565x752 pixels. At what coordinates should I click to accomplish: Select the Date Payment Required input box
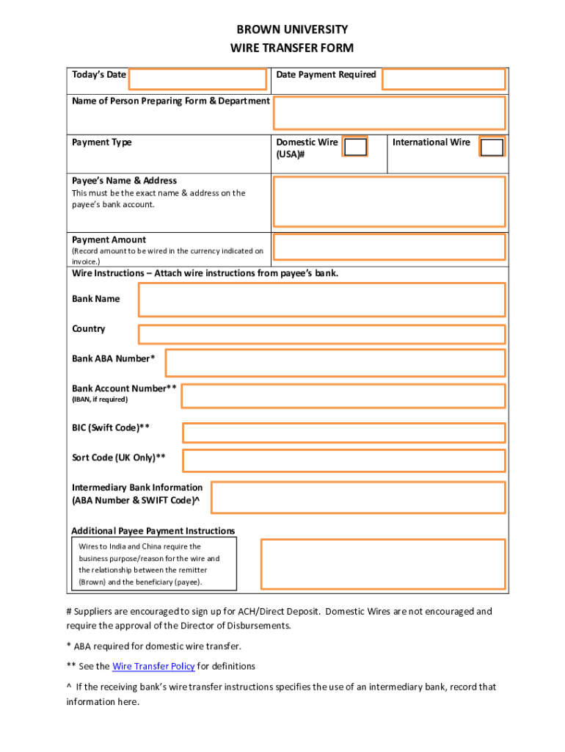tap(443, 79)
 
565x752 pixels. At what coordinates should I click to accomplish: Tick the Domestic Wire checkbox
tap(356, 148)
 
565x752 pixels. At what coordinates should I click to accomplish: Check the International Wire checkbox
tap(492, 148)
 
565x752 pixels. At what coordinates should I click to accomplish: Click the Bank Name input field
tap(321, 300)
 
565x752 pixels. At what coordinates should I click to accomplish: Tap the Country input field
tap(321, 334)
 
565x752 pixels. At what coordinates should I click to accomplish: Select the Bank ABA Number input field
tap(335, 363)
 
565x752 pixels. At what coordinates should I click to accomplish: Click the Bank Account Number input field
tap(343, 396)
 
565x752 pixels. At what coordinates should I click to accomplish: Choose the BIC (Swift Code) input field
tap(343, 433)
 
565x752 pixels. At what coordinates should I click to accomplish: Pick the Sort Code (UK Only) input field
tap(343, 460)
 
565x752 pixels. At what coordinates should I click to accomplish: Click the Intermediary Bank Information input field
tap(358, 497)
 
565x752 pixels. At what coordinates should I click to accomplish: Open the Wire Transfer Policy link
tap(153, 667)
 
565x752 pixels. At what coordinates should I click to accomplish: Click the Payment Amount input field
tap(389, 247)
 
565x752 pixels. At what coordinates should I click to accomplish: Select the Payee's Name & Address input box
tap(389, 202)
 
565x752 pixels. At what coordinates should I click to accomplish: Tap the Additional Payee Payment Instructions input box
tap(383, 564)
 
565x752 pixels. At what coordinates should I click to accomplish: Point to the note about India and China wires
tap(154, 564)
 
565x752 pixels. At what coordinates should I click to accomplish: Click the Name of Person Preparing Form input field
tap(389, 113)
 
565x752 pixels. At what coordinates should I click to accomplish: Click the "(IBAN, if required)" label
tap(100, 399)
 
